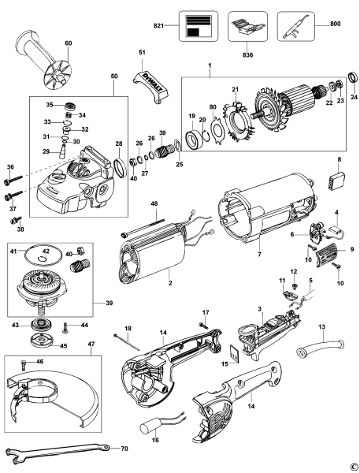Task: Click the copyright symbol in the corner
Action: coord(354,467)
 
